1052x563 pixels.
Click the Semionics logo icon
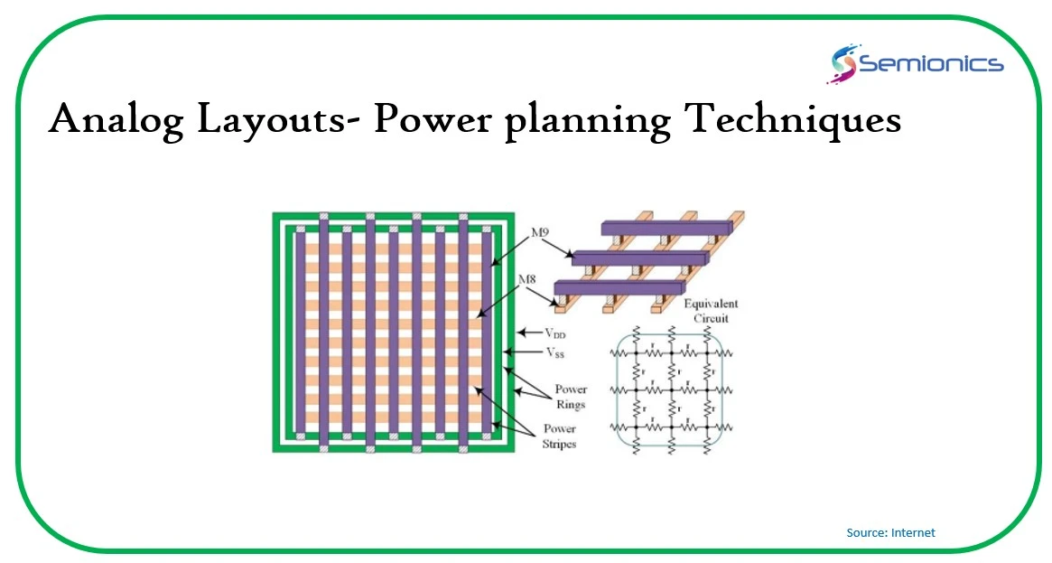(x=843, y=64)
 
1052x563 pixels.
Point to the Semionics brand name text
(x=930, y=63)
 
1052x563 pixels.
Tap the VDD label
(x=556, y=333)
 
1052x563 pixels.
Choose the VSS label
(x=554, y=352)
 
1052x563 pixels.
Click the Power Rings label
(x=571, y=398)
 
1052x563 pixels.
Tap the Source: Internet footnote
(x=890, y=533)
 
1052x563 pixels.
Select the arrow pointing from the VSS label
(x=525, y=352)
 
